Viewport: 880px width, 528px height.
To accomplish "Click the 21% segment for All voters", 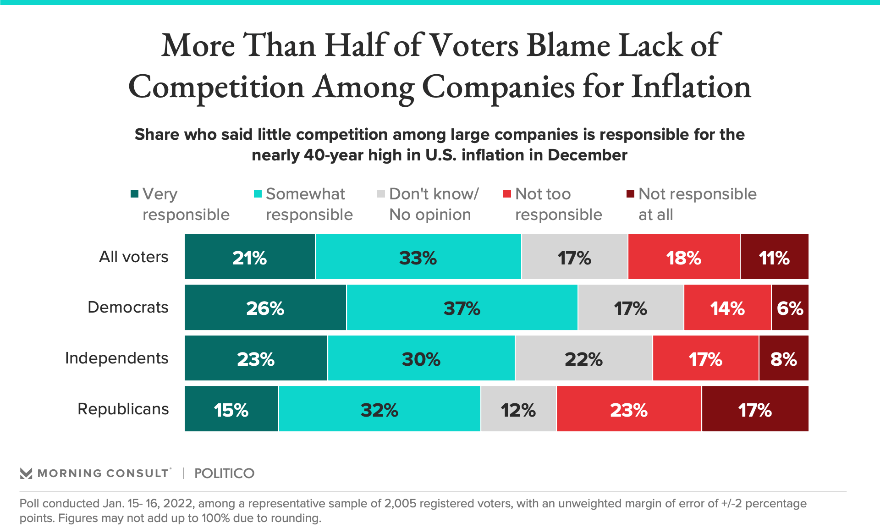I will [x=250, y=257].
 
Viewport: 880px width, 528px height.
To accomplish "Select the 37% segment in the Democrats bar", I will [x=462, y=308].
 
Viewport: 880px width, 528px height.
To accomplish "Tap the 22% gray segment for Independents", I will [x=583, y=358].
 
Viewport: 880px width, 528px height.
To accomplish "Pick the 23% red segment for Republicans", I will [x=629, y=409].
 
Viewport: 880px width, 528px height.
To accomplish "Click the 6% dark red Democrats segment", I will [x=790, y=308].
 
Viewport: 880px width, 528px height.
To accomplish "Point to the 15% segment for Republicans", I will [x=231, y=409].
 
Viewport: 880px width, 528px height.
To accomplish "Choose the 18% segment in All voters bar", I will [x=684, y=257].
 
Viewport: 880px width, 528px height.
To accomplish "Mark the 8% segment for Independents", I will [x=784, y=358].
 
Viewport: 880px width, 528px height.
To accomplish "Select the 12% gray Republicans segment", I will [x=518, y=409].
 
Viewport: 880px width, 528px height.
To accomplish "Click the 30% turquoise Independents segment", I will [x=421, y=358].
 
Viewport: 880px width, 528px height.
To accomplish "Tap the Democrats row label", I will [x=128, y=307].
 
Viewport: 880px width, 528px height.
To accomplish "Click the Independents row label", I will [x=116, y=358].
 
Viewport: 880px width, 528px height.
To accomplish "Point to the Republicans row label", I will [x=123, y=409].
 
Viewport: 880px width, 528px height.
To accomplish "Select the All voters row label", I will [x=133, y=257].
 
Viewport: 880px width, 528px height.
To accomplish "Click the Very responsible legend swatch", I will [x=134, y=194].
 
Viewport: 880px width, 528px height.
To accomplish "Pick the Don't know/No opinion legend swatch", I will [x=381, y=194].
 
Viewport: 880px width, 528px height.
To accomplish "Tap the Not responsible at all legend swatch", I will [x=630, y=194].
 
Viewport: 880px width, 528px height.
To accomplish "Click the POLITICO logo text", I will [x=224, y=473].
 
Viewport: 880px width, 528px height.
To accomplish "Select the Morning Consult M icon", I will [x=26, y=473].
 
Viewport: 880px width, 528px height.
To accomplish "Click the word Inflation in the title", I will [x=691, y=87].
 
